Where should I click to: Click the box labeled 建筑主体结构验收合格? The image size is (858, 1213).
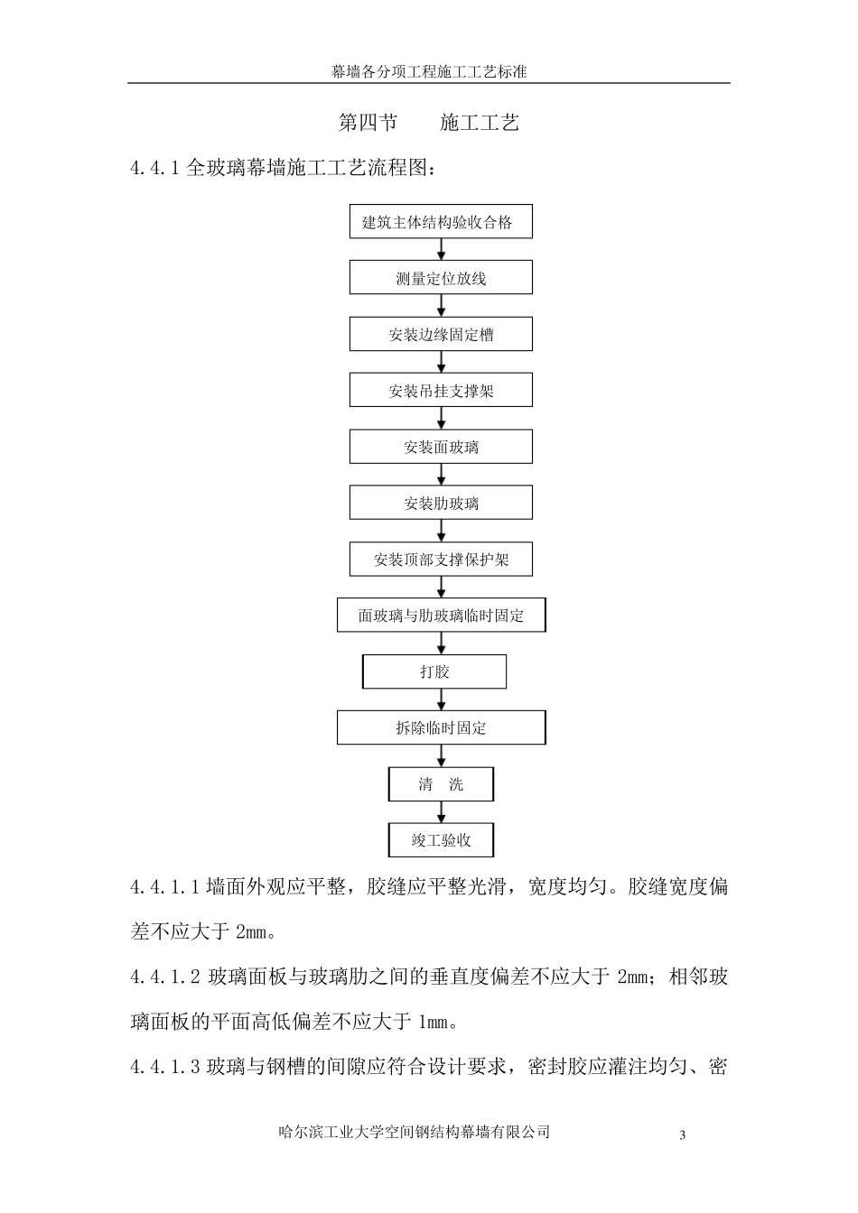441,222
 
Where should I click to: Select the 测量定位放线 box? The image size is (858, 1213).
441,278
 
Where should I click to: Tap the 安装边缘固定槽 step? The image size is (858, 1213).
441,335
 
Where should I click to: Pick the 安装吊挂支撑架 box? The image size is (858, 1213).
441,391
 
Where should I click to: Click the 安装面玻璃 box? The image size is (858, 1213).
441,447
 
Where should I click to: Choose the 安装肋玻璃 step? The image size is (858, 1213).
441,503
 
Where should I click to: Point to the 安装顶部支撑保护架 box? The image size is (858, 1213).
441,560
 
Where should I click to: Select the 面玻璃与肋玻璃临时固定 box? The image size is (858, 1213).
441,616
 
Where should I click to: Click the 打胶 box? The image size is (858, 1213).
434,671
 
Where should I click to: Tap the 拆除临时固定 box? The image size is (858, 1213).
441,727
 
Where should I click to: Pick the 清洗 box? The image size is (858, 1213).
441,784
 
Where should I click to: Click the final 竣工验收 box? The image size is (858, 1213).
441,840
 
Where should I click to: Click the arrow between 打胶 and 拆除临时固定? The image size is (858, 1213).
442,699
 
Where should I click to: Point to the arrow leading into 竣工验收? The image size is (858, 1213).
442,812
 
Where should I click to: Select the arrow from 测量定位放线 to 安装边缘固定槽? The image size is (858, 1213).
442,307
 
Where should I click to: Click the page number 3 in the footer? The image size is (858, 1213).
683,1135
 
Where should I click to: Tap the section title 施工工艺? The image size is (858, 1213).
480,124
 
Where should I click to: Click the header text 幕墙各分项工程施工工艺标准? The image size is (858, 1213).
429,71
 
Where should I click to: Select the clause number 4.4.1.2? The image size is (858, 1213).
165,977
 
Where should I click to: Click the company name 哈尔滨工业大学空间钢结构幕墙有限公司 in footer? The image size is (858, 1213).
415,1132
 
